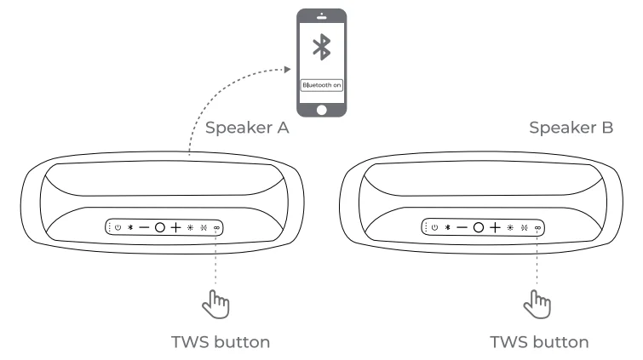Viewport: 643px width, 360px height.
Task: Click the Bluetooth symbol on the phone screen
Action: pos(321,49)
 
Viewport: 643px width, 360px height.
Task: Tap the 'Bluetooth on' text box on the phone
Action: pos(321,85)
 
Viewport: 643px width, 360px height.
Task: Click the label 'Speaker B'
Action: pos(571,129)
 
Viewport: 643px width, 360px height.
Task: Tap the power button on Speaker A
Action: pos(118,228)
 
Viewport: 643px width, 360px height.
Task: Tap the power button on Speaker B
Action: pos(434,228)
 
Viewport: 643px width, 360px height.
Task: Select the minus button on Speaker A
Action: pos(144,228)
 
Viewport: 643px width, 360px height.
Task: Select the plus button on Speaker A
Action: pos(175,228)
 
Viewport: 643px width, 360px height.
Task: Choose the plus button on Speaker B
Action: pos(494,228)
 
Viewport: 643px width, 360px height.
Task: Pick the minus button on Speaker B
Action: pos(462,228)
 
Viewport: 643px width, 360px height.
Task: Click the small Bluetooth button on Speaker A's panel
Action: pos(129,228)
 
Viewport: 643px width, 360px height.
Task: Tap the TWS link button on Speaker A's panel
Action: pos(216,228)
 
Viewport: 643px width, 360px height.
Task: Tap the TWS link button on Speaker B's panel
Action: pos(537,228)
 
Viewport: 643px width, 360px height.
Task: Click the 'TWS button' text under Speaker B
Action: pos(538,342)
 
